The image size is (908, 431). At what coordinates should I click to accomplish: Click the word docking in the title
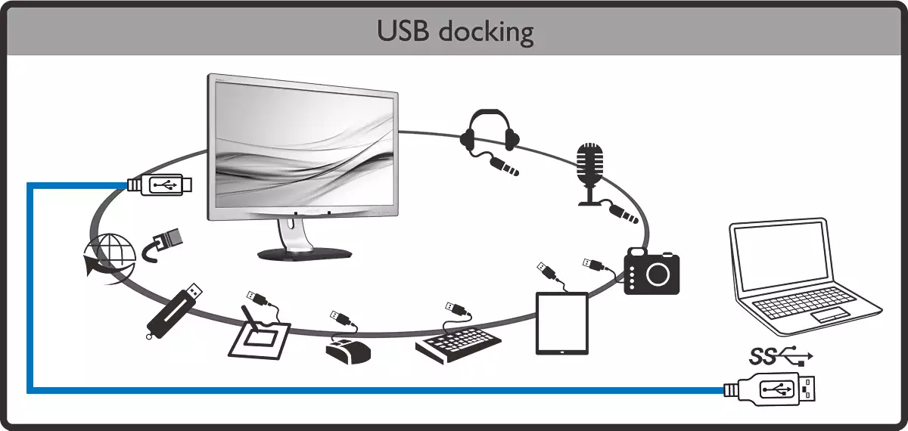(490, 33)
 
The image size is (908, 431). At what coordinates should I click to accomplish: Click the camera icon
(651, 271)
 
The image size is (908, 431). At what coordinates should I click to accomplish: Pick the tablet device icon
(561, 323)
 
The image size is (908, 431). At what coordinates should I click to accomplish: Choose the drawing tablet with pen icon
(260, 336)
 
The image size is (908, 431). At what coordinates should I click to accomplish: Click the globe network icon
(108, 256)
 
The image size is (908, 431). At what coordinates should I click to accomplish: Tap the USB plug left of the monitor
(161, 184)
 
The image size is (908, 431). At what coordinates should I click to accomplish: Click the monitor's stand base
(303, 253)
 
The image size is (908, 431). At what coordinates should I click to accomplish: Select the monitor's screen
(303, 147)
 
